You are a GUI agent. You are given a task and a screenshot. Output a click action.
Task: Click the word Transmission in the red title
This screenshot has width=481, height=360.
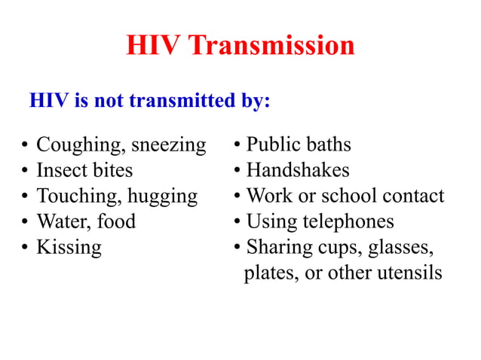271,46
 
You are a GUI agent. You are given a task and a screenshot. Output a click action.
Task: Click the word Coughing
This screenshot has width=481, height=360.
82,145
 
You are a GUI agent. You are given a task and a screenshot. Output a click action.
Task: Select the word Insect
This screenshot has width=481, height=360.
62,170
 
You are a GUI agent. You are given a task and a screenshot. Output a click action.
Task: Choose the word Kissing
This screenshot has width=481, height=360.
69,247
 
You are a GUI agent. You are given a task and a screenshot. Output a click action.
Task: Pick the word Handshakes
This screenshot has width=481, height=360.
298,170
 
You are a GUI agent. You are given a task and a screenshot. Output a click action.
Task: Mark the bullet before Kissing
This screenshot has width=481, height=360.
25,248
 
